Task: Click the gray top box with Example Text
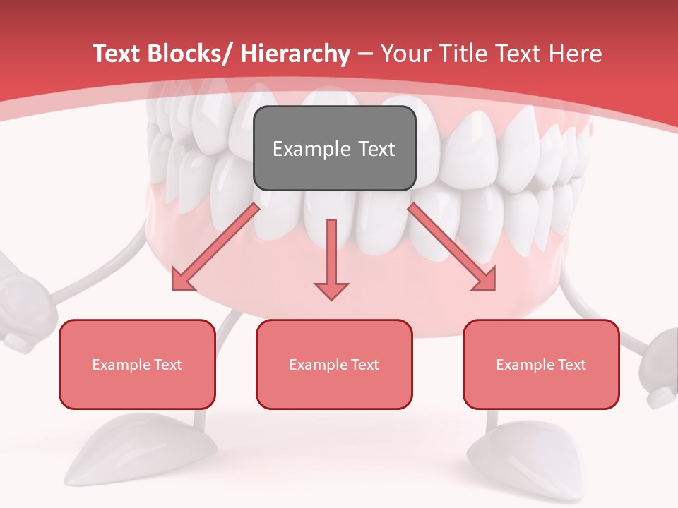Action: tap(334, 148)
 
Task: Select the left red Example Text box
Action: tap(137, 364)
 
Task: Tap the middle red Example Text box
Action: tap(334, 364)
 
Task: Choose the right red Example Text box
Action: tap(541, 364)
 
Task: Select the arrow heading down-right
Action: tap(452, 248)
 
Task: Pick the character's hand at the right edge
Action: tap(660, 367)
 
